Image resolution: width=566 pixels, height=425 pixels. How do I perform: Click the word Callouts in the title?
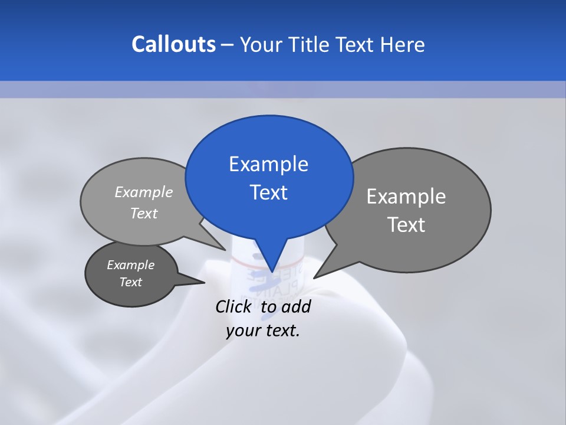click(173, 44)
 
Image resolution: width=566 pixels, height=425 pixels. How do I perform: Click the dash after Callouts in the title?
click(228, 45)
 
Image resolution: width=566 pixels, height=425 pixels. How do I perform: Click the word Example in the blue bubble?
click(268, 164)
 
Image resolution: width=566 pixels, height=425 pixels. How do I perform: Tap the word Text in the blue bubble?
click(268, 192)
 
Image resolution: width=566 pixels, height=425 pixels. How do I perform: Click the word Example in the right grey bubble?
click(406, 197)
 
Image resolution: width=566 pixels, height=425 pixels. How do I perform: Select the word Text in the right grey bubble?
click(406, 225)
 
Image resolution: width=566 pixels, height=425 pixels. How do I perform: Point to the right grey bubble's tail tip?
click(314, 277)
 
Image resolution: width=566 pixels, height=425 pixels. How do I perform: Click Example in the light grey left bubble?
click(143, 192)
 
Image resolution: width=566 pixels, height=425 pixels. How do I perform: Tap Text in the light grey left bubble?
click(143, 213)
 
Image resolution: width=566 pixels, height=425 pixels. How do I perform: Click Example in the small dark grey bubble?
click(130, 265)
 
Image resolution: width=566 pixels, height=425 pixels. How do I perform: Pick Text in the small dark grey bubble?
click(130, 282)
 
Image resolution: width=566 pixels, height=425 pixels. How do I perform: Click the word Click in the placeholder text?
click(234, 306)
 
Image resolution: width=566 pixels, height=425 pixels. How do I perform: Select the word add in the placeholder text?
click(295, 306)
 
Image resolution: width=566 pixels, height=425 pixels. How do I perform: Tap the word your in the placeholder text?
click(242, 331)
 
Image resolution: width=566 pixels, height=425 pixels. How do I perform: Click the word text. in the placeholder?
click(281, 331)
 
